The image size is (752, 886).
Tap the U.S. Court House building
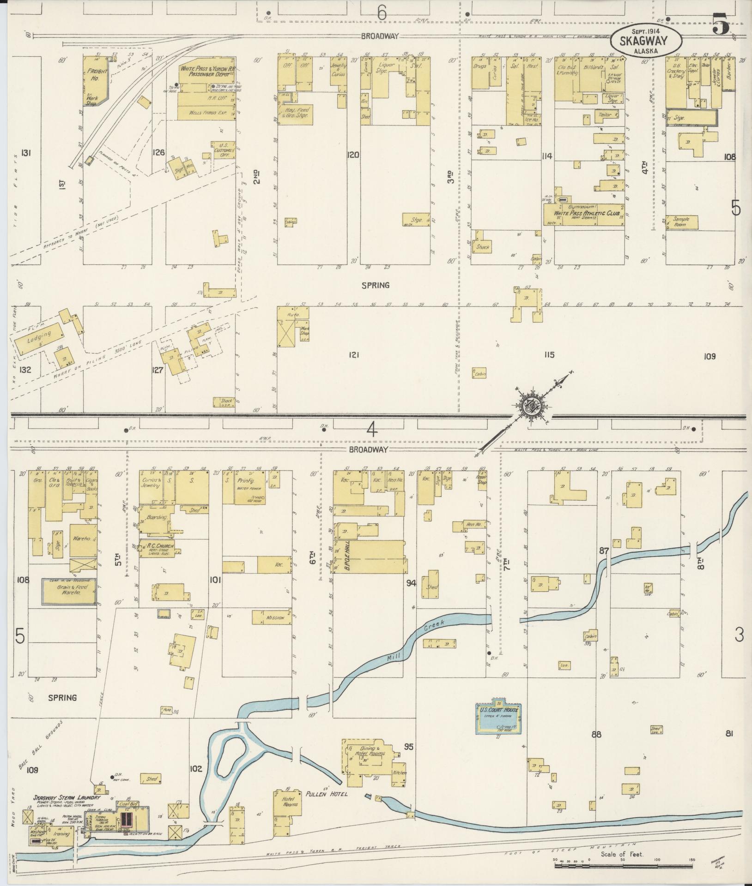pyautogui.click(x=498, y=725)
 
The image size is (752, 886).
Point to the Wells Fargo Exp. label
pyautogui.click(x=206, y=112)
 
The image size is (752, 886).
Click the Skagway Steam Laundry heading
pyautogui.click(x=66, y=797)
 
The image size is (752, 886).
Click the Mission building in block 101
pyautogui.click(x=272, y=617)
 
